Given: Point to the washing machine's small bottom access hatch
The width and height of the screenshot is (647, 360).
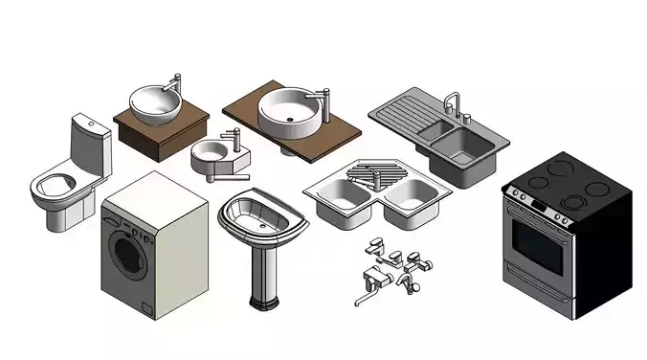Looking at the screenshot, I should point(147,307).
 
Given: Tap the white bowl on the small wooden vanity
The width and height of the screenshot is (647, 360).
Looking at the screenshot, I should point(154,102).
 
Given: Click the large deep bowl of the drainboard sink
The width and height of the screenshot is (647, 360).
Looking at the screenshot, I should point(463,146).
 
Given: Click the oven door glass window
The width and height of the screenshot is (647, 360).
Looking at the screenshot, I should point(538,246).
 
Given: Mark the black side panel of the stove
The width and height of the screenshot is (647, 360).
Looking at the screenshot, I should point(603,249).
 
